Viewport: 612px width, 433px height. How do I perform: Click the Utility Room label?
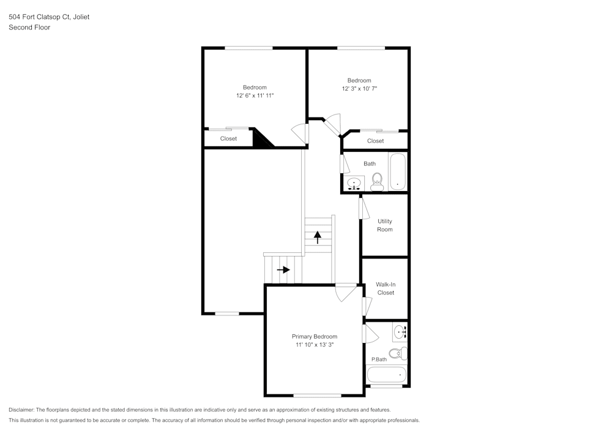click(385, 225)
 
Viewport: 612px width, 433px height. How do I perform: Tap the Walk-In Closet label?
click(386, 288)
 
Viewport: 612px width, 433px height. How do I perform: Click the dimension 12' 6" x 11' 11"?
click(255, 96)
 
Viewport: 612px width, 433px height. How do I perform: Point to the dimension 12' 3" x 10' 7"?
click(359, 89)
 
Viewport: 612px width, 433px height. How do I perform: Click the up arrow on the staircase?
click(318, 236)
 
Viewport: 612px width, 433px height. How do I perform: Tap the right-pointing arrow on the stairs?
click(283, 269)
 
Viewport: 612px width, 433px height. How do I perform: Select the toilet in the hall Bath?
click(377, 181)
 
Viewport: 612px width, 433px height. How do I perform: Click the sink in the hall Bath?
click(354, 183)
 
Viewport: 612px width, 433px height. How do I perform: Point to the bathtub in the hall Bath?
click(398, 171)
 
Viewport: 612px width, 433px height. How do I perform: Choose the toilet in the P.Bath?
click(398, 353)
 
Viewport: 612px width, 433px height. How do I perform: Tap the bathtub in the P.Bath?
click(386, 374)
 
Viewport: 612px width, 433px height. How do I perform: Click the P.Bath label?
click(379, 360)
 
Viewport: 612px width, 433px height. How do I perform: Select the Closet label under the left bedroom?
click(228, 139)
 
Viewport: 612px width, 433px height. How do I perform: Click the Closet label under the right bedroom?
click(375, 141)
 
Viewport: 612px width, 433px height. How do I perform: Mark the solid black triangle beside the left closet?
click(261, 140)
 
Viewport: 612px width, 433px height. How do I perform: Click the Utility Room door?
click(363, 207)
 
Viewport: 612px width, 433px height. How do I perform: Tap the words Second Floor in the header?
click(29, 28)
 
